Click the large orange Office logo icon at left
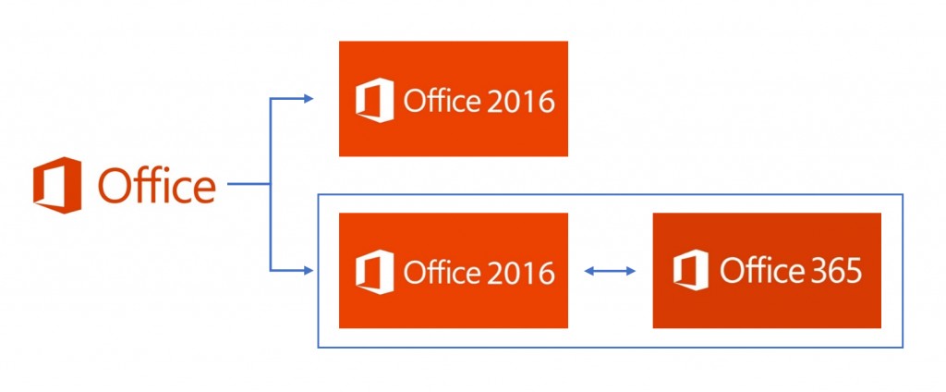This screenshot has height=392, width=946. tap(57, 185)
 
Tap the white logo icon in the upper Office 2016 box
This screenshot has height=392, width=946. tap(375, 100)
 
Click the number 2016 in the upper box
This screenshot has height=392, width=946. tap(519, 102)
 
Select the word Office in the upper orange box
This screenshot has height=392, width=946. tap(442, 101)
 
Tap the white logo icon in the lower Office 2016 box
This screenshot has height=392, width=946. tap(375, 272)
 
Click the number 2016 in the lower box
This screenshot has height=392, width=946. tap(519, 273)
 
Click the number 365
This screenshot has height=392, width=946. tap(835, 271)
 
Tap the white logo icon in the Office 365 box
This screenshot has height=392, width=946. tap(691, 270)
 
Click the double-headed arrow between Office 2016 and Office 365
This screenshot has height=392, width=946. tap(610, 271)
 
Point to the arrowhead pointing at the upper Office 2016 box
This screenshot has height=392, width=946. tap(309, 99)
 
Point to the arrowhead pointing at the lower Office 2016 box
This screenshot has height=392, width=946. tap(309, 271)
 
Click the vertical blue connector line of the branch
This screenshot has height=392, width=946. tap(271, 185)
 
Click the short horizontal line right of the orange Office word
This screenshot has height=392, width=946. tap(248, 184)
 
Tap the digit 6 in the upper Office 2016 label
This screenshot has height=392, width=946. tap(545, 102)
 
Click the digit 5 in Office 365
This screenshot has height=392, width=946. tap(854, 271)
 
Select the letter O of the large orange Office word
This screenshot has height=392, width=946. tap(115, 186)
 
